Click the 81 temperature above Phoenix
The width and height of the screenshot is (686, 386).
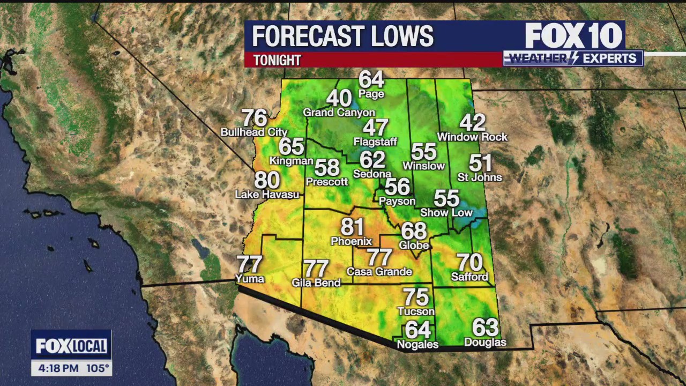(352, 227)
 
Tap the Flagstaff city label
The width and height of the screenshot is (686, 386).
(375, 142)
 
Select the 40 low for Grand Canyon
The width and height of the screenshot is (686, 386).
(339, 98)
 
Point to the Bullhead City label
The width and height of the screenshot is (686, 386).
(254, 132)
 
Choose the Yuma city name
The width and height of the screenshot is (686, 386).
(250, 278)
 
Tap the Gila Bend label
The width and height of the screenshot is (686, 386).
(316, 283)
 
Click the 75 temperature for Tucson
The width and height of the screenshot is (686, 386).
(416, 297)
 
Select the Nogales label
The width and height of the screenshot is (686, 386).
(417, 345)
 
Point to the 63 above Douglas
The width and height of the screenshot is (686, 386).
(485, 327)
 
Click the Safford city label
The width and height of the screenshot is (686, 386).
(469, 277)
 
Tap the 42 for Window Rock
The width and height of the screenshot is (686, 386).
(472, 123)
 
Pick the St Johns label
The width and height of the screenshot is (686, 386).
(480, 177)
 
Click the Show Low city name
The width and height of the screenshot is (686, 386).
(446, 213)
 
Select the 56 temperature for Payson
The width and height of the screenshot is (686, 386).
(397, 187)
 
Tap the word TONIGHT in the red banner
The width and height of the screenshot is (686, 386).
(278, 60)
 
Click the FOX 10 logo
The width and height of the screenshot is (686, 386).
(573, 36)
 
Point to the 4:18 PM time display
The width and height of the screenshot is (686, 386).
(58, 368)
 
